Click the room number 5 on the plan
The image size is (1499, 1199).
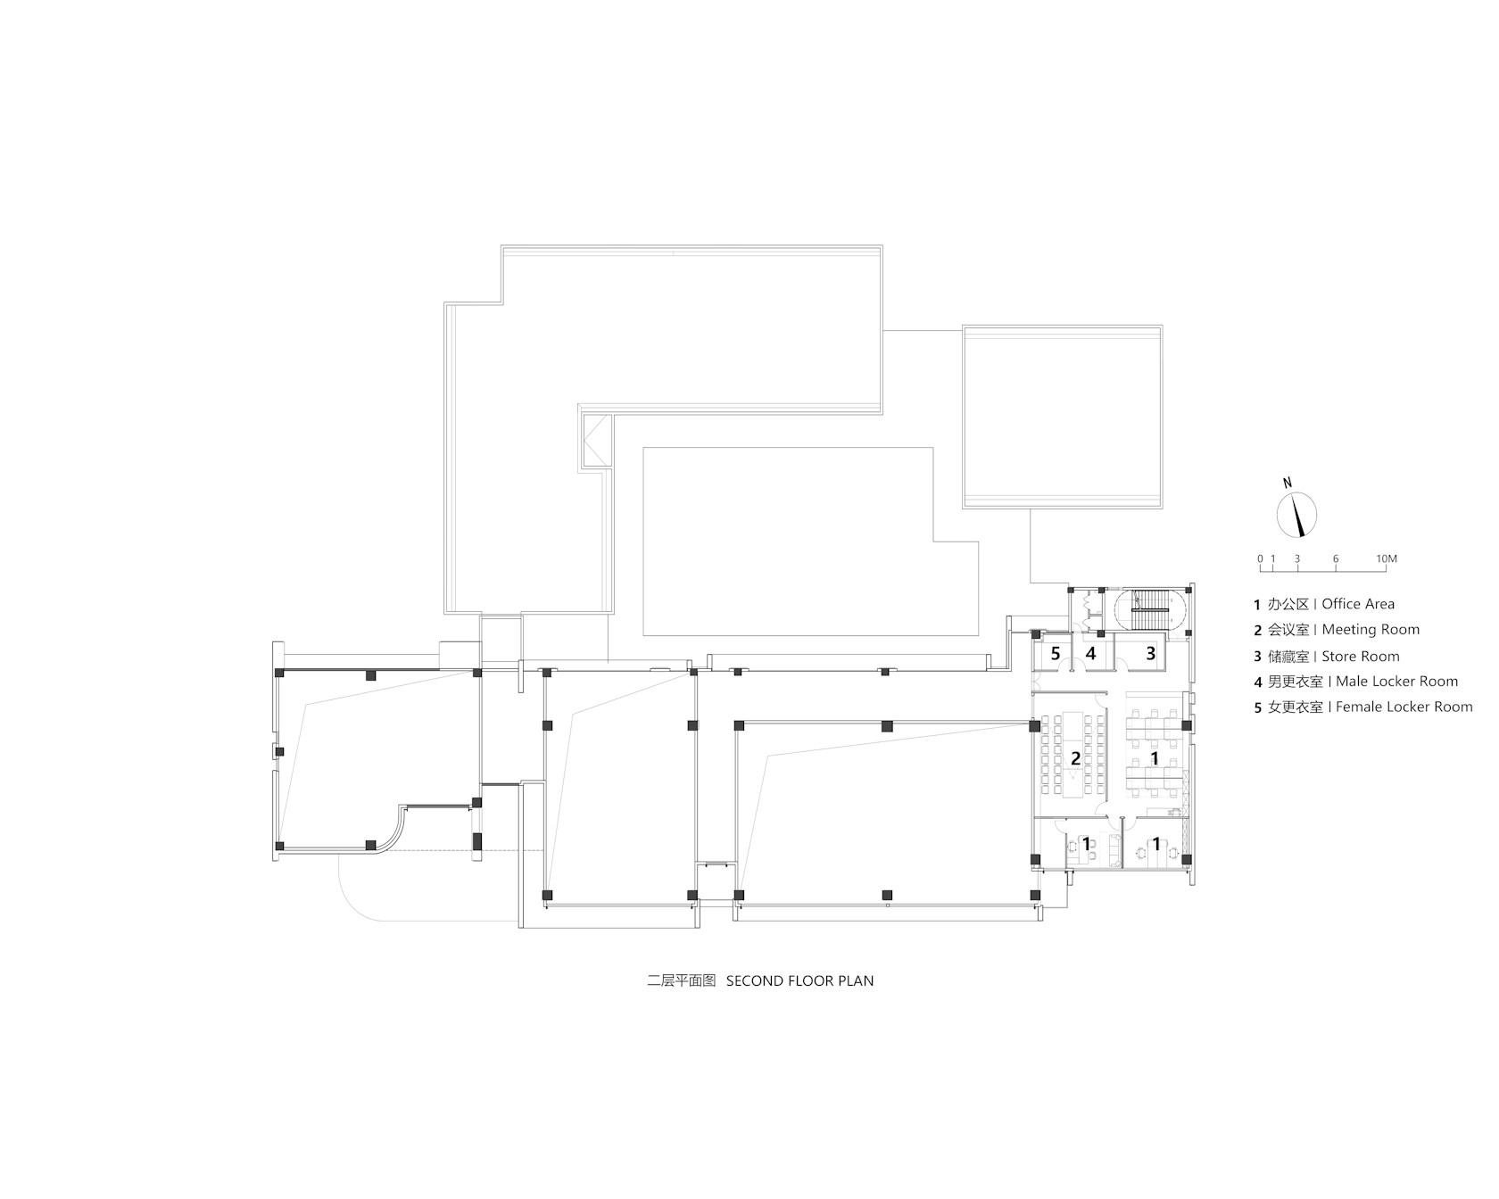point(1056,654)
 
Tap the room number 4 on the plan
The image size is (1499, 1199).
point(1090,654)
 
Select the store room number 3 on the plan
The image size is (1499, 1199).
point(1151,654)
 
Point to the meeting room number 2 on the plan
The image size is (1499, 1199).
point(1076,759)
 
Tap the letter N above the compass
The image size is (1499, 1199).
point(1288,483)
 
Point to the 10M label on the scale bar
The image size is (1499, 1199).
point(1386,559)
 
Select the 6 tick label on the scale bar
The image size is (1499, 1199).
point(1336,559)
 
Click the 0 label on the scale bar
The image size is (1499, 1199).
point(1261,559)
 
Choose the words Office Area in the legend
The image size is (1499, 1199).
point(1358,604)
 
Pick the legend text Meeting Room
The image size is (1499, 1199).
point(1371,630)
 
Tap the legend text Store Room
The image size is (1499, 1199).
point(1361,657)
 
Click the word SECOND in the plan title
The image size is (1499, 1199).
point(756,980)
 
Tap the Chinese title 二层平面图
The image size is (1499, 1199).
point(682,980)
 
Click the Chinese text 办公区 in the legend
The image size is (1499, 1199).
point(1288,604)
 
